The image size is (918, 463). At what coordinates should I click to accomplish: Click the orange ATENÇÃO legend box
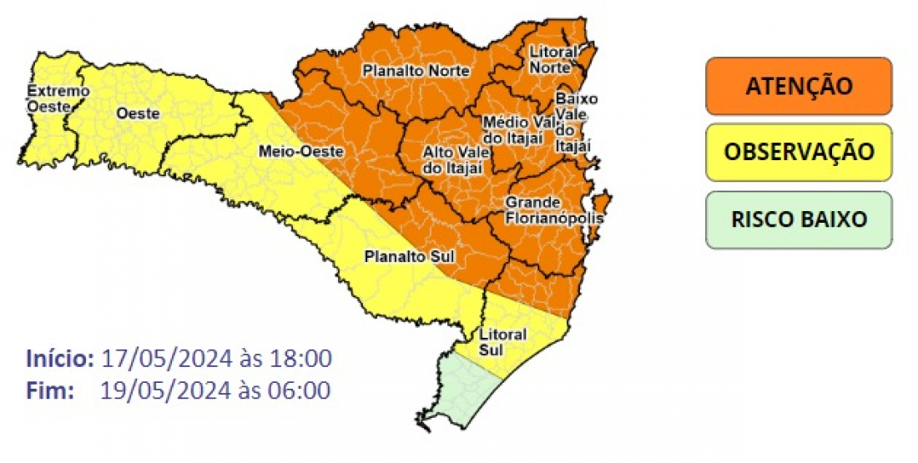[799, 86]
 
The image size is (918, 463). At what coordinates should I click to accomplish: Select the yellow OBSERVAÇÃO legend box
[799, 152]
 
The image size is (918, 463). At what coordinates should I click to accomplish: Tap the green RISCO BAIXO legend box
[799, 219]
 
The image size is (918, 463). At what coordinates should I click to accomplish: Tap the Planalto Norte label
[416, 71]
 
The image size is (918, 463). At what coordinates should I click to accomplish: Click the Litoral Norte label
[553, 59]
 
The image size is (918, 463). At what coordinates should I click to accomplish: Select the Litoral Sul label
[503, 342]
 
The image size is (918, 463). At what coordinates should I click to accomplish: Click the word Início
[60, 359]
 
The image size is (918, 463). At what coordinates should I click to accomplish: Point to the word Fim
[50, 390]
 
